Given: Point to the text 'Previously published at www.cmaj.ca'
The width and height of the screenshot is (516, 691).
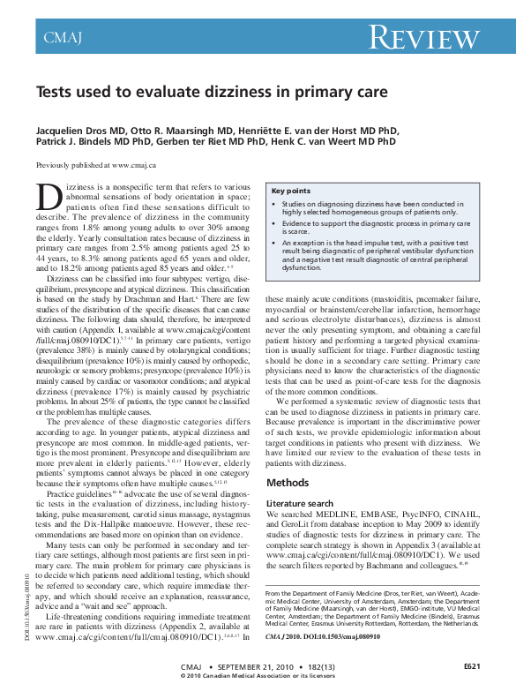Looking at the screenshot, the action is click(x=95, y=166).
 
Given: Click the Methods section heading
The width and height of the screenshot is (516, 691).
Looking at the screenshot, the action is click(x=288, y=483).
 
